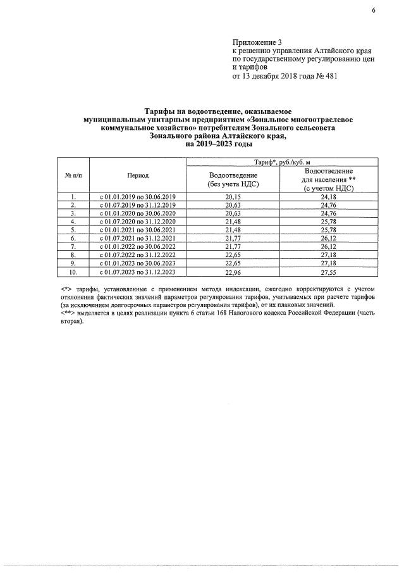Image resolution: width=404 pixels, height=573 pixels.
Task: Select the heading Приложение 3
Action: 256,41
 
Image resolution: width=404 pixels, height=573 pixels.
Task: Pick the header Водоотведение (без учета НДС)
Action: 233,179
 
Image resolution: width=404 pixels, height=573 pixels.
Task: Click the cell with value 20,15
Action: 233,196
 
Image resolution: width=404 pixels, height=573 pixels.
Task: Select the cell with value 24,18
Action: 327,196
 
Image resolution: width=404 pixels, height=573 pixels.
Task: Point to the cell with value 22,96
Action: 233,272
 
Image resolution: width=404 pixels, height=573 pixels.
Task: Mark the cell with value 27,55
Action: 327,272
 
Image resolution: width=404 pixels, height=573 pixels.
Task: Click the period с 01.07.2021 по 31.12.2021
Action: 137,238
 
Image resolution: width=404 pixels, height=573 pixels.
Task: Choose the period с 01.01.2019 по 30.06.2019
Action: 137,196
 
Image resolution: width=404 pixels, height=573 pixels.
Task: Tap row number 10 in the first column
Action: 73,272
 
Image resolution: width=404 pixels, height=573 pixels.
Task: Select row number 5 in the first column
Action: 73,230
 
